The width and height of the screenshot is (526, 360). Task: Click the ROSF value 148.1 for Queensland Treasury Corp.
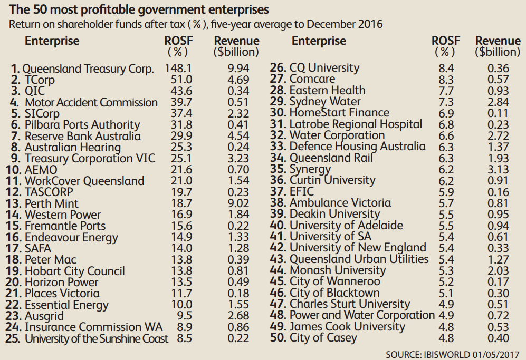point(177,69)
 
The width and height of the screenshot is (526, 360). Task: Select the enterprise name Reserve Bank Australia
point(83,136)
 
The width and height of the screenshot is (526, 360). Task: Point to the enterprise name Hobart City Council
point(75,271)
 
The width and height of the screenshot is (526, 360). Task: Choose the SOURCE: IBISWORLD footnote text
point(453,354)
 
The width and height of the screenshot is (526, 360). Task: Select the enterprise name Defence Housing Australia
point(358,147)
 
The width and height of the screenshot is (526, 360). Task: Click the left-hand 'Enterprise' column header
point(52,41)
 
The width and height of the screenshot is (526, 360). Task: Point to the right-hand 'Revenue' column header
point(498,41)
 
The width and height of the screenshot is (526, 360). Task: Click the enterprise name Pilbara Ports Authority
point(82,125)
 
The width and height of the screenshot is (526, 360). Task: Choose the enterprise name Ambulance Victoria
point(340,203)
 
